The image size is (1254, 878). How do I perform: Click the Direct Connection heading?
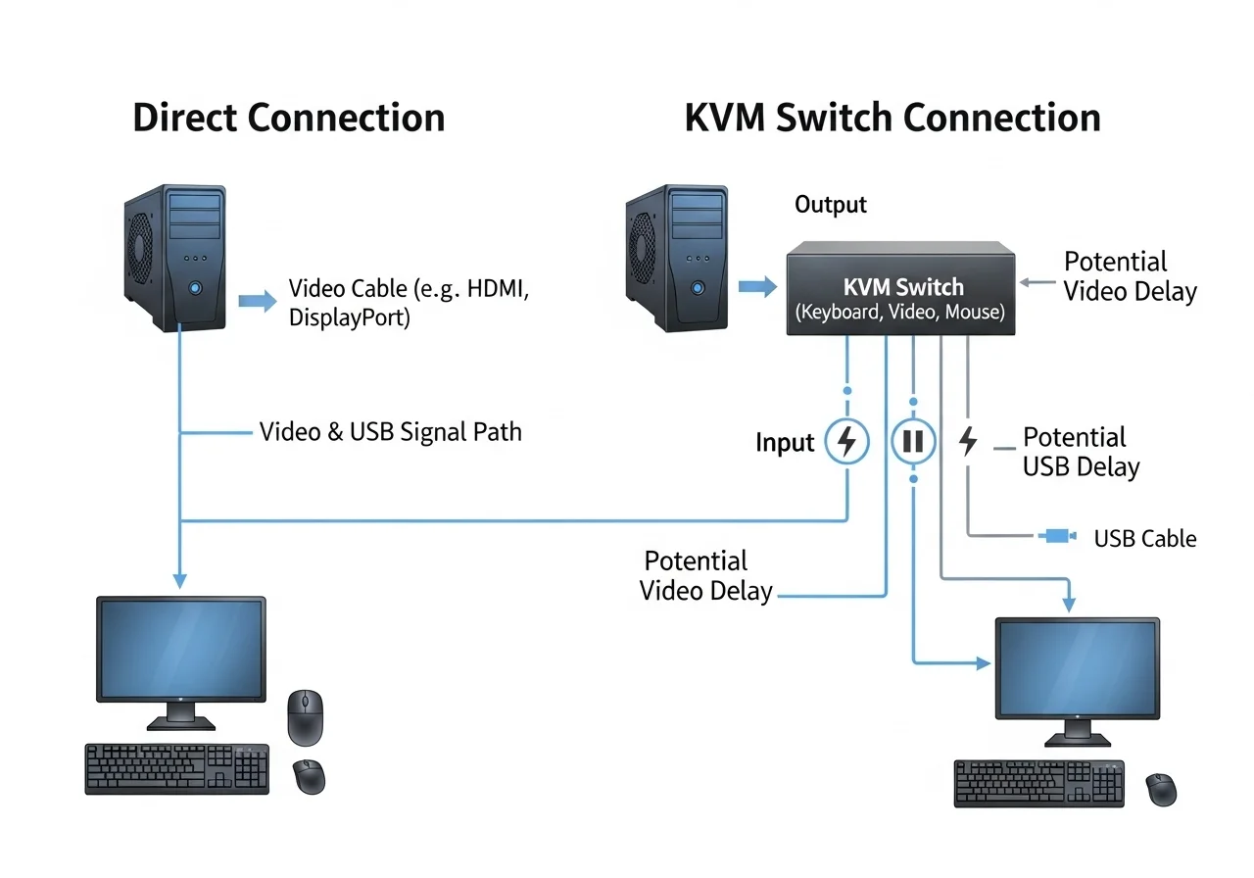tap(288, 118)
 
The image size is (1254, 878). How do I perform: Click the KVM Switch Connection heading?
tap(892, 118)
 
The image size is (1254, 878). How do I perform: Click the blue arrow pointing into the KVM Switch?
tap(755, 287)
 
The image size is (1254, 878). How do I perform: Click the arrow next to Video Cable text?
tap(258, 301)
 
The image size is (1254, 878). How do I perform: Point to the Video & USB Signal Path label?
tap(390, 432)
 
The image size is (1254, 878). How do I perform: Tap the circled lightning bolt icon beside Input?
tap(847, 442)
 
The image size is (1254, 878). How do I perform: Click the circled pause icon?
tap(913, 442)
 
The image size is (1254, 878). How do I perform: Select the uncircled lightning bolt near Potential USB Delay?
tap(968, 442)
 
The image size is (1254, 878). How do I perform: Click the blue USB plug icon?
tap(1058, 536)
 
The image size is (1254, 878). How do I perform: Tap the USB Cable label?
tap(1144, 538)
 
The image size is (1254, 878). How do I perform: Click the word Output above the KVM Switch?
tap(830, 205)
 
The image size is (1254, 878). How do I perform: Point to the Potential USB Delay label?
tap(1080, 452)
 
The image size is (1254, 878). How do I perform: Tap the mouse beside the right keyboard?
tap(1162, 788)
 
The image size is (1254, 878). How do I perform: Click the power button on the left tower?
tap(196, 287)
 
